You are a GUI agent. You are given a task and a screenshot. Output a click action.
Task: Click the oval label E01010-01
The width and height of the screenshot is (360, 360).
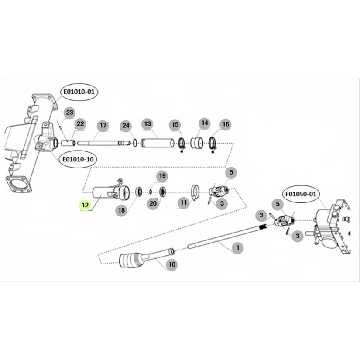79,92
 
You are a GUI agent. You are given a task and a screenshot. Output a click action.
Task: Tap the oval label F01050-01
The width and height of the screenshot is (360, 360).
301,193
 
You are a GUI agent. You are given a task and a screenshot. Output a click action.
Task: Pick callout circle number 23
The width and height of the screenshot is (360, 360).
69,113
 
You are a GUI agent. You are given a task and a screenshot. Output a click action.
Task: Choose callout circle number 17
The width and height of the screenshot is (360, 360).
103,126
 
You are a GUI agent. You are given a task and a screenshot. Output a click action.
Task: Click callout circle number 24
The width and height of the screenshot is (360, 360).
126,126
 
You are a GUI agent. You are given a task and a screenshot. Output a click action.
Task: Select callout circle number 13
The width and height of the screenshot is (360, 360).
147,124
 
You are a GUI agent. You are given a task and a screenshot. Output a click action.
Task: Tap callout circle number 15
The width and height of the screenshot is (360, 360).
175,125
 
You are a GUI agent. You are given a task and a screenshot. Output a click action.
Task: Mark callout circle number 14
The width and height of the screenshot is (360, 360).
205,123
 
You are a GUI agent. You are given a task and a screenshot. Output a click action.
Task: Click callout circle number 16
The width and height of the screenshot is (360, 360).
225,124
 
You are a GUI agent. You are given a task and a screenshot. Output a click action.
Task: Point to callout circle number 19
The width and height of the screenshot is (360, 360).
162,176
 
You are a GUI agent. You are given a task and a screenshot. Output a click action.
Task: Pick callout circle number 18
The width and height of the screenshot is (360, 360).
121,210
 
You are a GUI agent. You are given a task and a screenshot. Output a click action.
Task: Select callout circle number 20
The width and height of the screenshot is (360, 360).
153,203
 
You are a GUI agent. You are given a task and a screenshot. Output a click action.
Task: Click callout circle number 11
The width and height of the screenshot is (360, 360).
183,203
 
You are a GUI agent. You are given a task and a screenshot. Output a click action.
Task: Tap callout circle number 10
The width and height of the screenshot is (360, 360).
172,264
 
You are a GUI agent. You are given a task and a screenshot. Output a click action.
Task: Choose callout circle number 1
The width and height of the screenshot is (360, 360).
237,247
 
